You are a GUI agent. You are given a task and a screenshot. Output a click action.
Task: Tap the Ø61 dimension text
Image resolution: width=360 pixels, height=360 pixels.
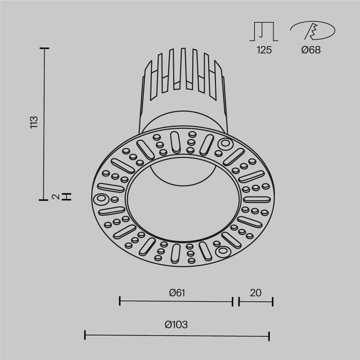click(x=176, y=293)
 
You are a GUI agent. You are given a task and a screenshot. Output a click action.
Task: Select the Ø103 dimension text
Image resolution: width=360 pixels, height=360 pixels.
click(x=176, y=324)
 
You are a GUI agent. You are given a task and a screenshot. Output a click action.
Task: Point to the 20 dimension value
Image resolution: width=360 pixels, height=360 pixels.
click(x=255, y=293)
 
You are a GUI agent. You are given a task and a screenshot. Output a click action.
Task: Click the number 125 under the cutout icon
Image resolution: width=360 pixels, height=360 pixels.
click(x=264, y=50)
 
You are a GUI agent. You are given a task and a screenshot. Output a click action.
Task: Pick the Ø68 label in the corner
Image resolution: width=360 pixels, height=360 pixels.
click(x=311, y=50)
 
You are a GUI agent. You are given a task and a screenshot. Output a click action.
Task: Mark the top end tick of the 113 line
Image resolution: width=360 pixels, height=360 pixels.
click(x=45, y=48)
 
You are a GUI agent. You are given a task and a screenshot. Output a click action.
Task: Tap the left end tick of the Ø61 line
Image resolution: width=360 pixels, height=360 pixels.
click(x=120, y=301)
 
